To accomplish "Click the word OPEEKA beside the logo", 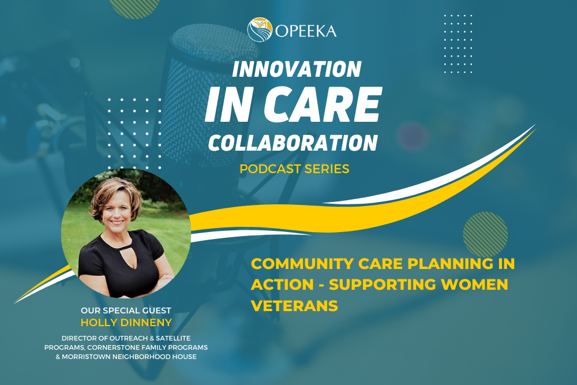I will (305, 30).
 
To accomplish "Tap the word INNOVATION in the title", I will (296, 69).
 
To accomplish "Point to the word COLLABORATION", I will (293, 142).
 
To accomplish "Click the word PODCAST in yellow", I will (272, 169).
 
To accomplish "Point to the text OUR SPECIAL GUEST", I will (126, 311).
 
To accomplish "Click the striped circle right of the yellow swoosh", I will (485, 233).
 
